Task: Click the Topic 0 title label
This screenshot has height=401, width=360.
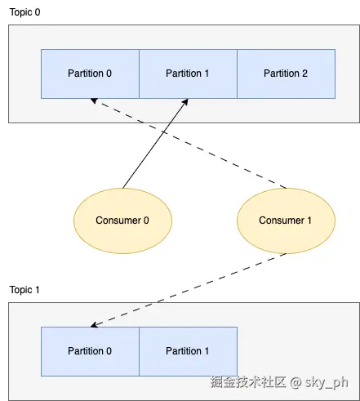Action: pos(24,12)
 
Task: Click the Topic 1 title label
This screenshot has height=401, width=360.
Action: pos(24,290)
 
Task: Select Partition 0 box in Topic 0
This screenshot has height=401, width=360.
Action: pos(90,74)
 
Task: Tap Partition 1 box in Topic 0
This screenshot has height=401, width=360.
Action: pos(188,74)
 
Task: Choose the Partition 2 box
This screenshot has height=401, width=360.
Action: pos(286,74)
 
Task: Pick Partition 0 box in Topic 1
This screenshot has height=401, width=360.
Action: pos(90,351)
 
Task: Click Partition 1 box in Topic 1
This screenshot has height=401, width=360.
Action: pos(188,351)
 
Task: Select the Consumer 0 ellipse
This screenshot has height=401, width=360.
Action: pos(122,221)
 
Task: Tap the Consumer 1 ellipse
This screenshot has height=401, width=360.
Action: pos(286,221)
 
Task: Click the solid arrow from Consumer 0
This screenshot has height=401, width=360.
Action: pos(155,144)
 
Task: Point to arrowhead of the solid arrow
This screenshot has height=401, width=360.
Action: pos(185,102)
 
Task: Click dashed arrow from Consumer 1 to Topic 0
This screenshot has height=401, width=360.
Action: pos(189,144)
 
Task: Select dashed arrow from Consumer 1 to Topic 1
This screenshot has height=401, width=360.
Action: pos(189,290)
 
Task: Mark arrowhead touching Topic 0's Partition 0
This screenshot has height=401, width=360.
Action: pos(94,100)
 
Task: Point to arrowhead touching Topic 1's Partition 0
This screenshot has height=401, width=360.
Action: pos(94,325)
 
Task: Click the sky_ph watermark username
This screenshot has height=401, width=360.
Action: pos(327,382)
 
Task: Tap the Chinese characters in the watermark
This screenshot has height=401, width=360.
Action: pos(248,382)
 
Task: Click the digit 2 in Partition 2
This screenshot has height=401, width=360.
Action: pos(304,74)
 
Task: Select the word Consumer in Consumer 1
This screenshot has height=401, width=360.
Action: pos(282,221)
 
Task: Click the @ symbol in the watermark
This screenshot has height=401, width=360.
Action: pos(296,383)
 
